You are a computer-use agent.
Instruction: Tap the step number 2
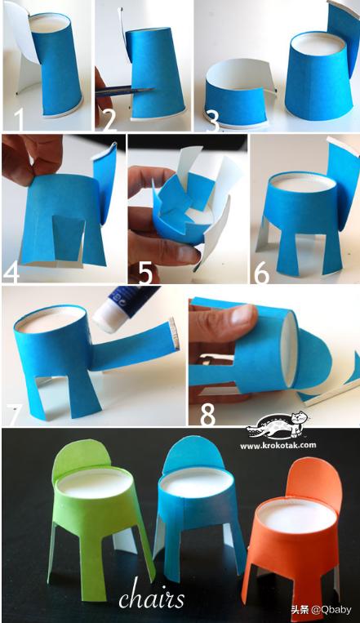click(109, 118)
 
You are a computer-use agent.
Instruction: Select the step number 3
click(212, 121)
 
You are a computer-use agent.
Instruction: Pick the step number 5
click(145, 272)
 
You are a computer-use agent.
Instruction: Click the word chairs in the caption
click(151, 599)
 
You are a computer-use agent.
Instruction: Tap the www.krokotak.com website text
click(278, 445)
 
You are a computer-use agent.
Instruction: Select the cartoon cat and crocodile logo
click(278, 426)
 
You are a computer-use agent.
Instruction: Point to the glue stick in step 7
click(124, 309)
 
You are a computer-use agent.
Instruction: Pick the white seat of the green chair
click(96, 483)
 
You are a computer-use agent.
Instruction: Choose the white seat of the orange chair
click(297, 516)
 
